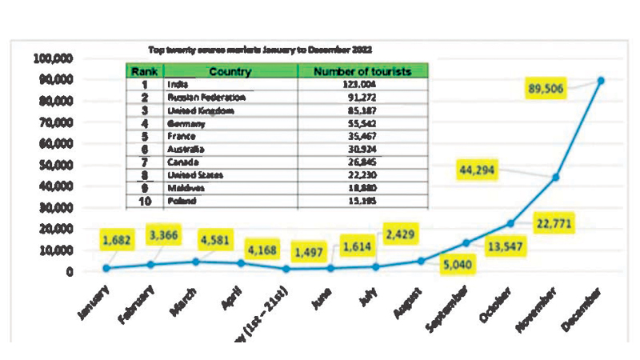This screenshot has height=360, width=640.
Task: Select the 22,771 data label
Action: click(x=554, y=222)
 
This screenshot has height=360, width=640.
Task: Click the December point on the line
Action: click(x=600, y=80)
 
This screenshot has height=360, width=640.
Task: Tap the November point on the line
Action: click(x=555, y=177)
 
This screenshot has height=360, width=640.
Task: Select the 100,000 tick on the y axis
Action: click(x=54, y=58)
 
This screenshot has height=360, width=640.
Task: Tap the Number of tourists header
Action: click(x=363, y=71)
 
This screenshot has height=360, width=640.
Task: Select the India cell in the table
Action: click(x=178, y=84)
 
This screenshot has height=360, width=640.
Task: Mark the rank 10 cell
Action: click(x=146, y=201)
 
